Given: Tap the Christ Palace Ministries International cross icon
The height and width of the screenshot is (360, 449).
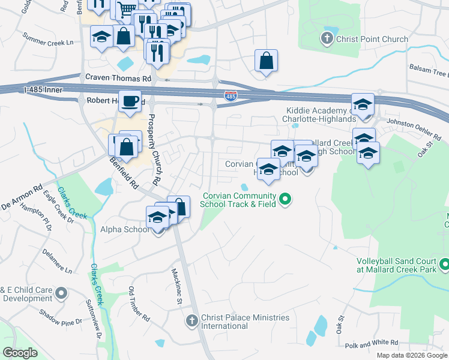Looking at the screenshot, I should pos(192,322).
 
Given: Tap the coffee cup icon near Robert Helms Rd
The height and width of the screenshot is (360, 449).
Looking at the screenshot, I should pos(130,101).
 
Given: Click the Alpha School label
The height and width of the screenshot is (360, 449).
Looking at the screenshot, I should pos(125,229).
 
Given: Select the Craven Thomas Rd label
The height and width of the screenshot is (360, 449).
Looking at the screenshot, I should pos(118,78).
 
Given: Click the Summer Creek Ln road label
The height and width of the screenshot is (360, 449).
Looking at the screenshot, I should pos(47,43).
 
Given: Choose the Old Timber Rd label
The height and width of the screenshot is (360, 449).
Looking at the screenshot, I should pos(138,303).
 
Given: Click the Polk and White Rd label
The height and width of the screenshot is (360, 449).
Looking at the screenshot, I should pos(372,343).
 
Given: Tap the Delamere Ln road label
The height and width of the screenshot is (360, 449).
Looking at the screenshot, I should pos(56,261).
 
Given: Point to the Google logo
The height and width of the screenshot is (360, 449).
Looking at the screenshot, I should pos(20,352).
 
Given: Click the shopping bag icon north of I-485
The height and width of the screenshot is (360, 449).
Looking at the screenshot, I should pos(266,61).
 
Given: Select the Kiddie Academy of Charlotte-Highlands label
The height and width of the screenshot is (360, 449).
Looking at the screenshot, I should pos(316,114).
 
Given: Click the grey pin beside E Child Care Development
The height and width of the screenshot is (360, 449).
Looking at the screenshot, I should pos(61,293).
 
